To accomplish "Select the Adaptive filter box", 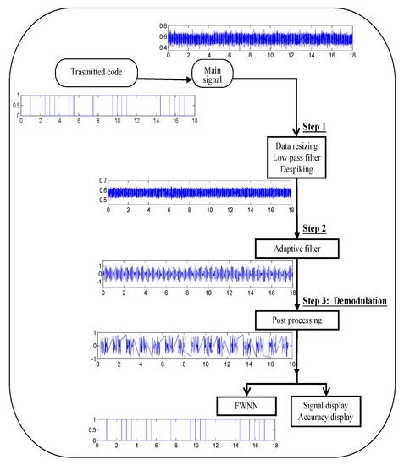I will click(295, 248).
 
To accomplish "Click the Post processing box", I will click(295, 319).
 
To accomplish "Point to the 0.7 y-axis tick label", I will click(102, 181).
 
